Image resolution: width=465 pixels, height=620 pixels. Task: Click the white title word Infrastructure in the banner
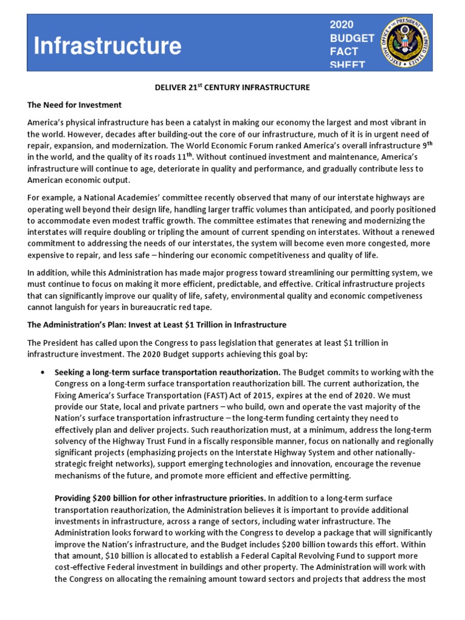coord(107,46)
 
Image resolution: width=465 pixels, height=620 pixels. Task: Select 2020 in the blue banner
coord(341,25)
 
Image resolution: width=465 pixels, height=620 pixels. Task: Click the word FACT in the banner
coord(343,52)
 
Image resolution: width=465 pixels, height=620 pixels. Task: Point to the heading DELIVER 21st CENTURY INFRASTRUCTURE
coord(232,88)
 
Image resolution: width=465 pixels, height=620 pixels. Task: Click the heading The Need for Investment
coord(74,105)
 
